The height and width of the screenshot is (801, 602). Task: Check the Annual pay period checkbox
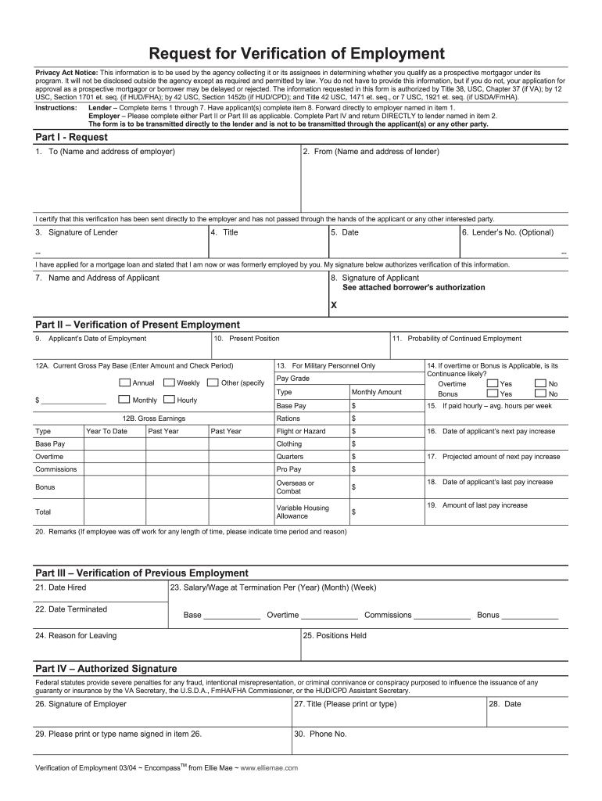(124, 383)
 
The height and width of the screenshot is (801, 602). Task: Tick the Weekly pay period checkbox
(169, 383)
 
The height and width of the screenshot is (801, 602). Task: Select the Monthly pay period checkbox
(124, 400)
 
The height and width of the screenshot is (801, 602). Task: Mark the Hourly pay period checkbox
(169, 400)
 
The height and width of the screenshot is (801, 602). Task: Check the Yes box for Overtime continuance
(492, 383)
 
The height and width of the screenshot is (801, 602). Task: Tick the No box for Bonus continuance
(540, 393)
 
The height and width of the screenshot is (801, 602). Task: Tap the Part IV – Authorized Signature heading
(106, 669)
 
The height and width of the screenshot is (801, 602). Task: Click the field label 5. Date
(345, 232)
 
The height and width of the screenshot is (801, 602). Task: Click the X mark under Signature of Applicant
(334, 305)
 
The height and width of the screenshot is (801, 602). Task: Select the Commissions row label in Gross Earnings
(56, 469)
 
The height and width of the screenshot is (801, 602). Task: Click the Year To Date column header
(106, 431)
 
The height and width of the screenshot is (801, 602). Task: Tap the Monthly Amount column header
(377, 392)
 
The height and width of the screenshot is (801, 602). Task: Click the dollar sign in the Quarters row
(354, 456)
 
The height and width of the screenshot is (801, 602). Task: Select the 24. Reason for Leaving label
(76, 635)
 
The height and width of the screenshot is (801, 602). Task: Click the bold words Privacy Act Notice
(66, 71)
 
